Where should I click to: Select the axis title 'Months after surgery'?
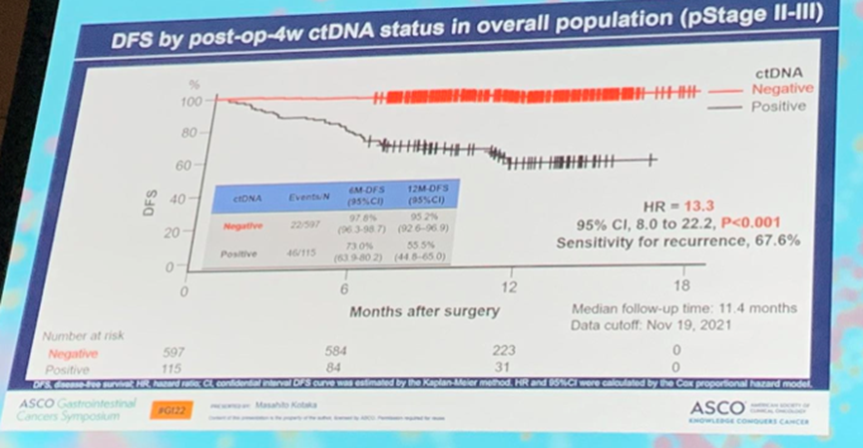click(424, 311)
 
